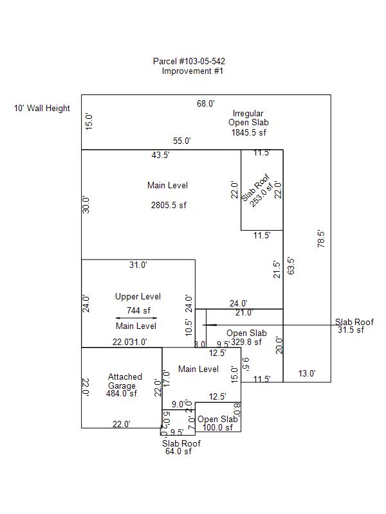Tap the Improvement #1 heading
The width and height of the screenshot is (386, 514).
pyautogui.click(x=192, y=71)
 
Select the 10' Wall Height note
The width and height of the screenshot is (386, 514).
pyautogui.click(x=42, y=109)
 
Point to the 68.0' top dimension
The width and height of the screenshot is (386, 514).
pyautogui.click(x=206, y=103)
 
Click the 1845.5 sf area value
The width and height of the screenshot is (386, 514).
pyautogui.click(x=249, y=132)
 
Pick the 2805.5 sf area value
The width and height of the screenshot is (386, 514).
pyautogui.click(x=168, y=206)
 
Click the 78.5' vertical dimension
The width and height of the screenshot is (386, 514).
pyautogui.click(x=321, y=238)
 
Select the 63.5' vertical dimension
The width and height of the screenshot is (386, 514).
pyautogui.click(x=290, y=266)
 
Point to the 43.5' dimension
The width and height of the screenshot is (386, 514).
pyautogui.click(x=161, y=155)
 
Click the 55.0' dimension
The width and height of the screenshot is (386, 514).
pyautogui.click(x=182, y=141)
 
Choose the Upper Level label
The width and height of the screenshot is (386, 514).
pyautogui.click(x=138, y=297)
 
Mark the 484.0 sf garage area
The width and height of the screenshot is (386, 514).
pyautogui.click(x=122, y=394)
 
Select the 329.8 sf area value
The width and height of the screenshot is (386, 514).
pyautogui.click(x=246, y=342)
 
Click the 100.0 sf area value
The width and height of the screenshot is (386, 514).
pyautogui.click(x=217, y=428)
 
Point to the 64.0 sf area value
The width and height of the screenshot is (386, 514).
pyautogui.click(x=178, y=452)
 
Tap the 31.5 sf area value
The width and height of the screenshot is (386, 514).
pyautogui.click(x=351, y=330)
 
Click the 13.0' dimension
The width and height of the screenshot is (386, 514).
pyautogui.click(x=307, y=374)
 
